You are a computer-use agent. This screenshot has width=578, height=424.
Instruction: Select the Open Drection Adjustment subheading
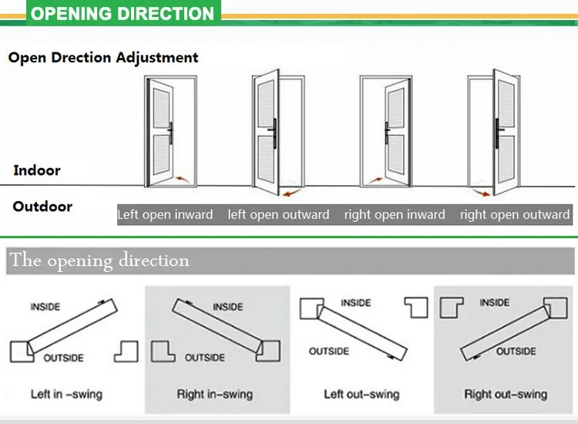(x=103, y=58)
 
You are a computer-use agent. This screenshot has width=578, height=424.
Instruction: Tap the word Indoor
(x=37, y=170)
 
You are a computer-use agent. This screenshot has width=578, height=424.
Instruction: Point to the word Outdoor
(x=42, y=207)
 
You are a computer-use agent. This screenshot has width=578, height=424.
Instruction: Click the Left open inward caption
(x=165, y=214)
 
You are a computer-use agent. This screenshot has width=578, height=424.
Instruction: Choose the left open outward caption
(x=278, y=214)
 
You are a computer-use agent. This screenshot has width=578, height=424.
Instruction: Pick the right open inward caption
(x=395, y=214)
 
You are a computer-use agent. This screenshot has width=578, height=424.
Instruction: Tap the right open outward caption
(x=515, y=214)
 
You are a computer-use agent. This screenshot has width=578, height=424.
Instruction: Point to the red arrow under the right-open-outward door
(x=481, y=193)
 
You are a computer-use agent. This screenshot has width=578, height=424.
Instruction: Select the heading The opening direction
(x=99, y=261)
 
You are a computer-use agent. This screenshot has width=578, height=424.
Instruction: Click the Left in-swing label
(x=66, y=394)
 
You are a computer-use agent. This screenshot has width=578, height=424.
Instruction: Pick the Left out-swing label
(x=361, y=394)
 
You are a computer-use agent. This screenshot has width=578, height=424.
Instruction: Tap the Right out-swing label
(x=506, y=394)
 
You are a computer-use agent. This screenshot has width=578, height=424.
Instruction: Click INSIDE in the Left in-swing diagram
(x=45, y=307)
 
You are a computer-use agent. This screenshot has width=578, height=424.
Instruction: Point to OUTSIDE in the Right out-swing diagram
(x=516, y=352)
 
